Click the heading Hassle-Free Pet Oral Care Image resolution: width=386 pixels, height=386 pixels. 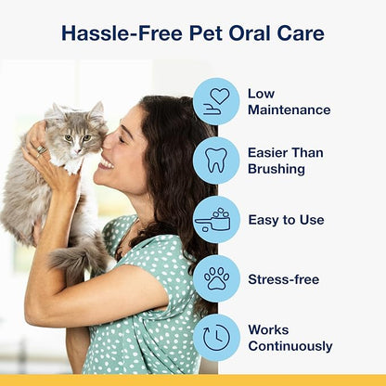coord(192,34)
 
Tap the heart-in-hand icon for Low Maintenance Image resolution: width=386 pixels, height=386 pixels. coord(216,101)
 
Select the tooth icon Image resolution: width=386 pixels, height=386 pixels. coord(216,160)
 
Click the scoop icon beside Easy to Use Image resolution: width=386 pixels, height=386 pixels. coord(216,220)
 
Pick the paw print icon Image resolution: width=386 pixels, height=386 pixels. coord(216,278)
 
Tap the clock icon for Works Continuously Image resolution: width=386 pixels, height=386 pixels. coord(216,338)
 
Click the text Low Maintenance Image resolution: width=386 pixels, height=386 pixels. coord(289,102)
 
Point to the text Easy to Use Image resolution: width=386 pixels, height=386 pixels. coord(286,220)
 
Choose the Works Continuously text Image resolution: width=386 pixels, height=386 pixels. coord(289,338)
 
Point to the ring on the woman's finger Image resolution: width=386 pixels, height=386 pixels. coord(43,148)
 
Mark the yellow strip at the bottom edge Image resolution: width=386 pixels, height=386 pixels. coord(192,380)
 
